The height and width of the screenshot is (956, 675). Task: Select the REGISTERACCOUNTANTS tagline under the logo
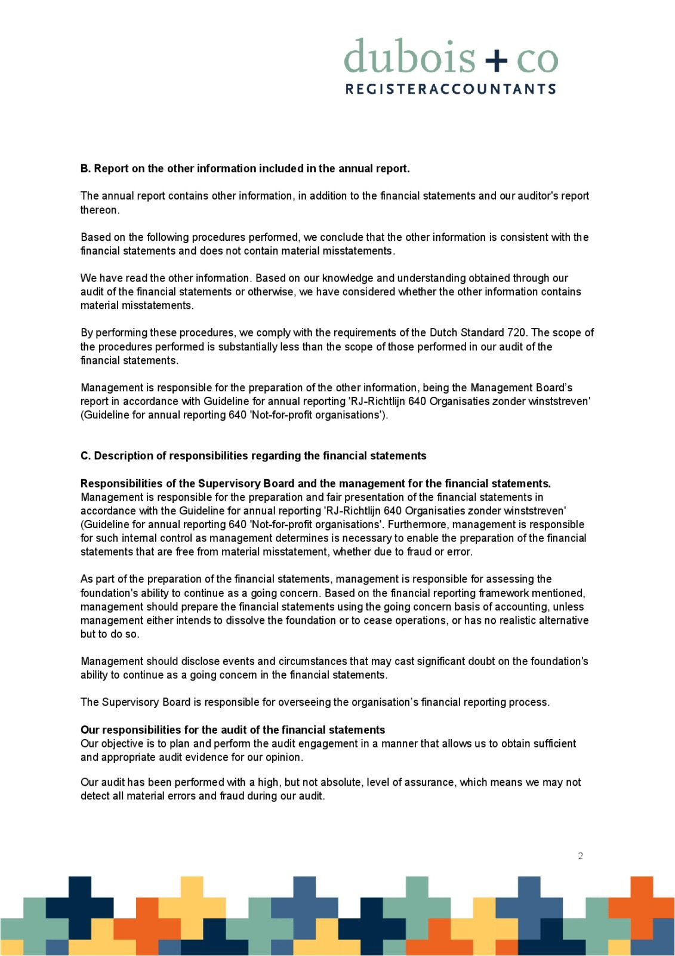(x=451, y=89)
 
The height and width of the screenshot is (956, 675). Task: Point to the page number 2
(x=580, y=856)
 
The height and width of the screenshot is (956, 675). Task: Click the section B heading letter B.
(x=85, y=168)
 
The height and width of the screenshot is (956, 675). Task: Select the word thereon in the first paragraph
(x=99, y=210)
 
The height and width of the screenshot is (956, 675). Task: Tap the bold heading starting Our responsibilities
(x=233, y=730)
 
